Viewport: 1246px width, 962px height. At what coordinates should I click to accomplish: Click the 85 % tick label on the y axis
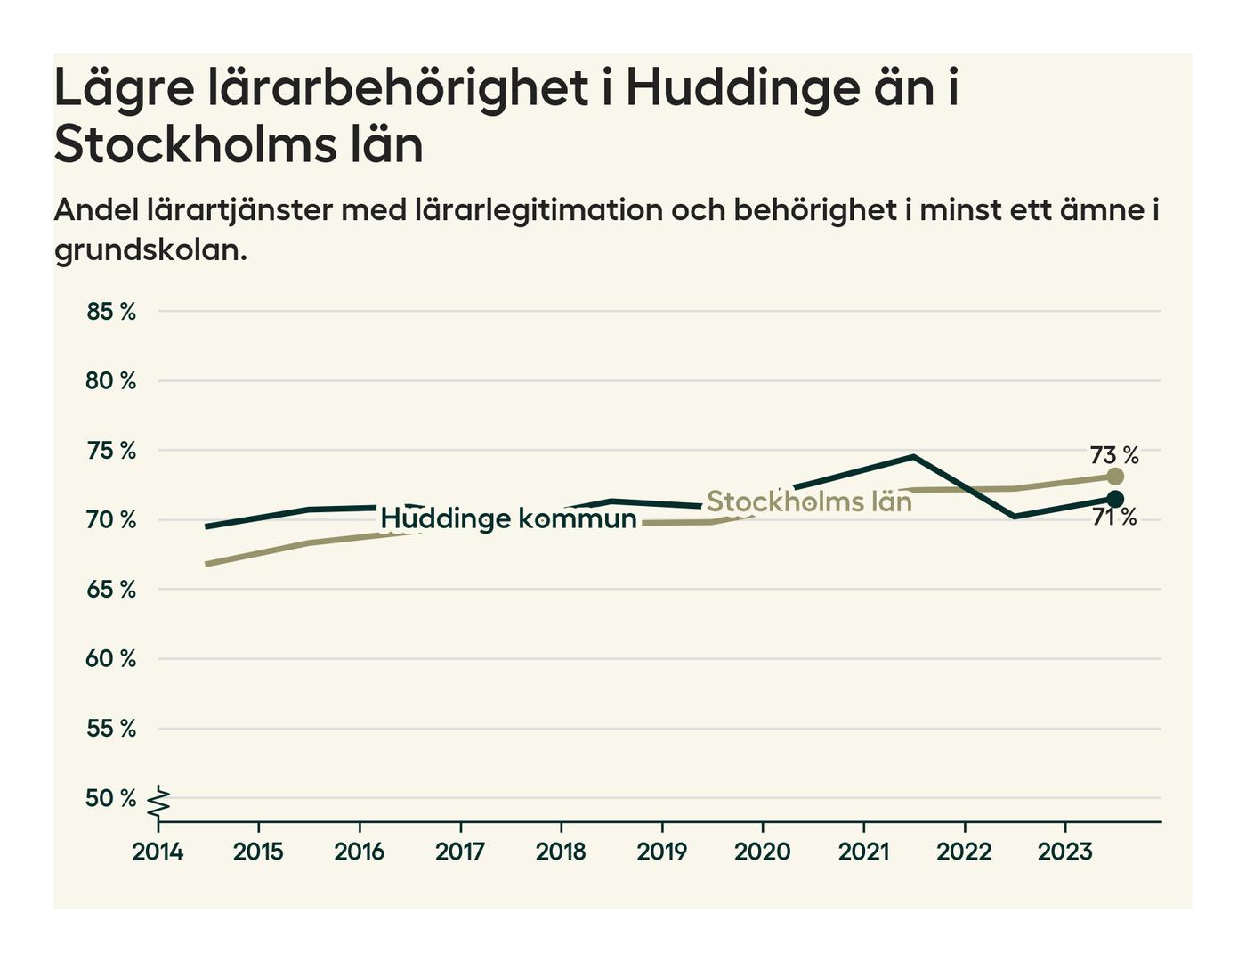(x=111, y=312)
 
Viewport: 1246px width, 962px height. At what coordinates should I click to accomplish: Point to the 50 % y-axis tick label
(x=111, y=798)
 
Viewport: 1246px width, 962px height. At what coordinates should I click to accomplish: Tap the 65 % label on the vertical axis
(x=111, y=590)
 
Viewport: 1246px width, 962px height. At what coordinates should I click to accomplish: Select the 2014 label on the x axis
(x=158, y=852)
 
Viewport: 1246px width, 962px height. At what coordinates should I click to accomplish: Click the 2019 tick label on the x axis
(x=661, y=852)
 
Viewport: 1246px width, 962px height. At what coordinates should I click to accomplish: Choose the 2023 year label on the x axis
(x=1064, y=852)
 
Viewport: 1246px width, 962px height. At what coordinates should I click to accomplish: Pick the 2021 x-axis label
(x=863, y=852)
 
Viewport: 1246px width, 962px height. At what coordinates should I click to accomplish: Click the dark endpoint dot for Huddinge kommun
(x=1115, y=499)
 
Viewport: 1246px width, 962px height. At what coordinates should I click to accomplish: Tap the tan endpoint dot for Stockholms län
(x=1115, y=477)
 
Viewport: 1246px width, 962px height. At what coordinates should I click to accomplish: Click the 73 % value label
(x=1114, y=455)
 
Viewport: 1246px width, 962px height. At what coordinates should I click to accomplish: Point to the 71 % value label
(x=1114, y=518)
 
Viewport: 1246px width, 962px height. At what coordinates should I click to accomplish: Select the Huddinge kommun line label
(x=508, y=518)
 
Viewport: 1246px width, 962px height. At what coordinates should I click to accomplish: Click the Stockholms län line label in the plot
(x=809, y=501)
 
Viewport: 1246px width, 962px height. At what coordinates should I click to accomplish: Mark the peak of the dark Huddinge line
(x=913, y=457)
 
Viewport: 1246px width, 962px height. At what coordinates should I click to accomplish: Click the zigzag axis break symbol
(x=158, y=802)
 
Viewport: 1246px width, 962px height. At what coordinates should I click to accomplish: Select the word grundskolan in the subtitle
(x=150, y=250)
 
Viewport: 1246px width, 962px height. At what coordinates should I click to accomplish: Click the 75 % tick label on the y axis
(x=111, y=451)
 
